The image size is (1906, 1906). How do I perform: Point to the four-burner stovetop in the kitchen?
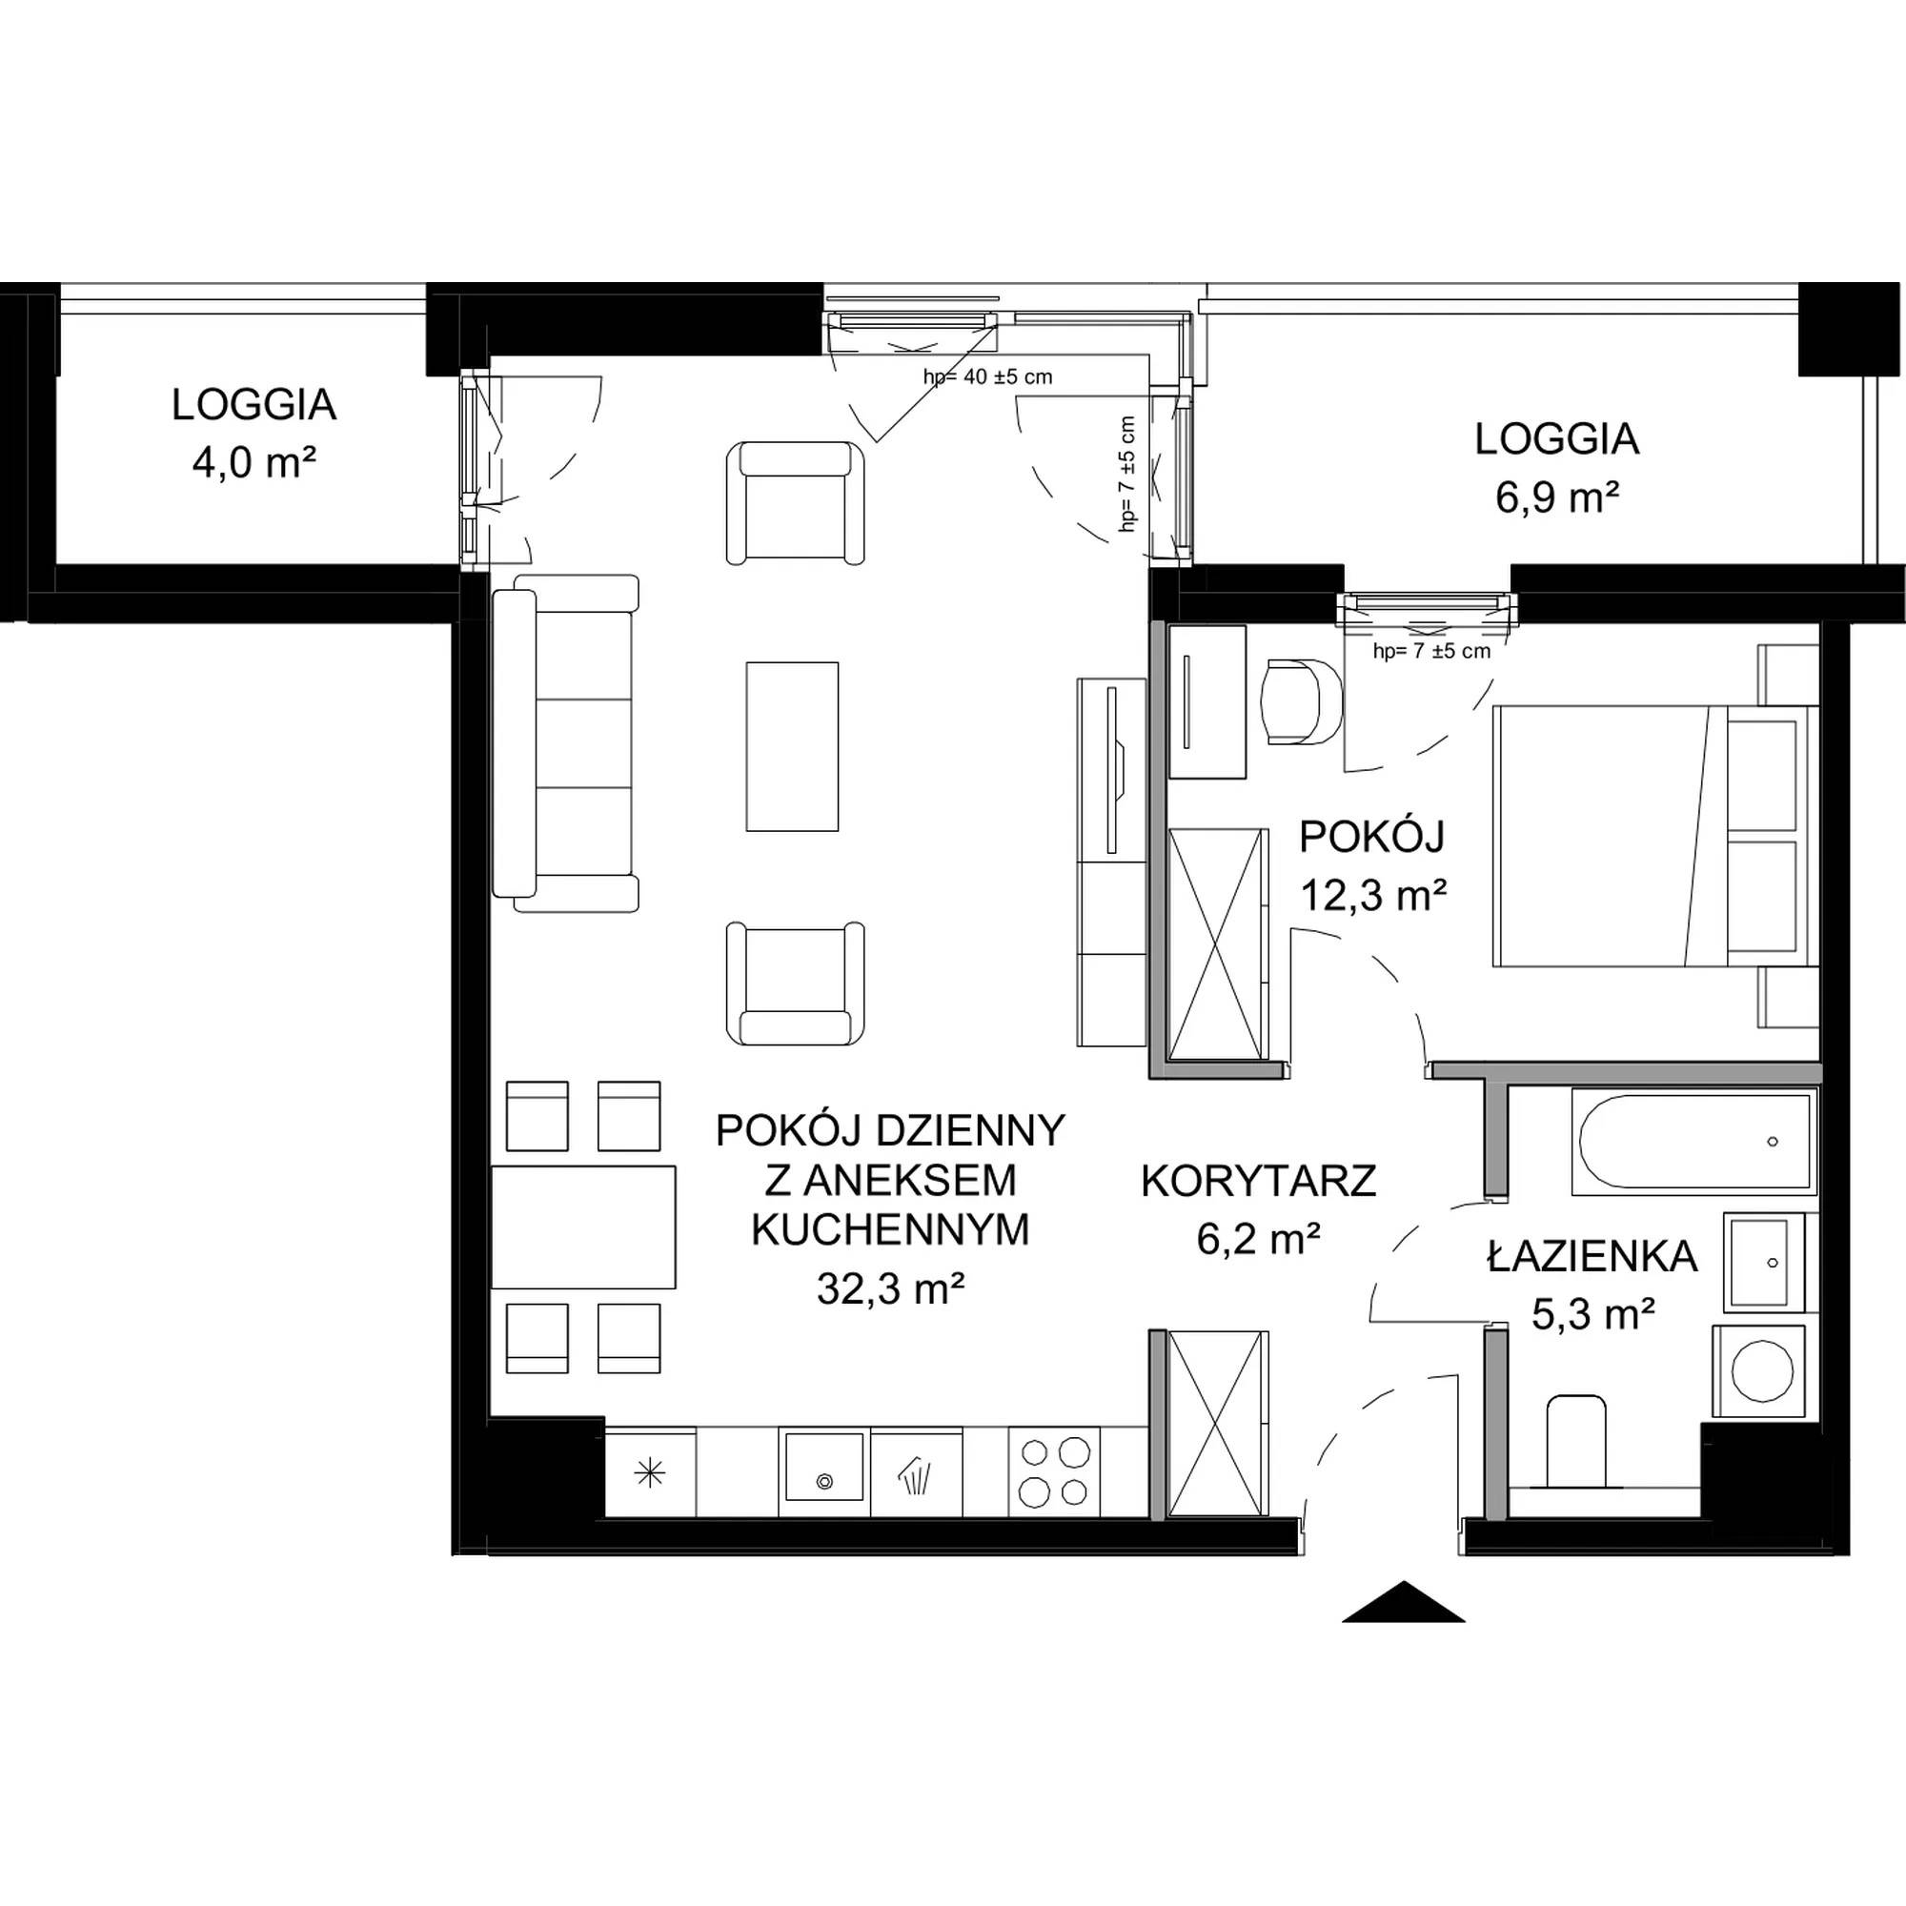[x=1054, y=1474]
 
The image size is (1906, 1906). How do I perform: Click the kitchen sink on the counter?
[x=823, y=1474]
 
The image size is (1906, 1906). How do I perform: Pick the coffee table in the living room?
[x=792, y=746]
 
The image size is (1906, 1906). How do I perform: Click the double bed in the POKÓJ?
[x=1656, y=836]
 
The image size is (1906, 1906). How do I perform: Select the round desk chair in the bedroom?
[x=1301, y=701]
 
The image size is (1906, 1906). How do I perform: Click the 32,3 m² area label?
[x=890, y=1288]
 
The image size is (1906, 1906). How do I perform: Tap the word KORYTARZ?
[x=1259, y=1182]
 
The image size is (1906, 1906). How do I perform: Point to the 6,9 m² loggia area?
[x=1557, y=497]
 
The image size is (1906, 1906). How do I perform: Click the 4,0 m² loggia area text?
[x=254, y=463]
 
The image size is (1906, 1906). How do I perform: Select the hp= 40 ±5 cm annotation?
[x=987, y=375]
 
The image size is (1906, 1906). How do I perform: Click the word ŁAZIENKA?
[x=1592, y=1257]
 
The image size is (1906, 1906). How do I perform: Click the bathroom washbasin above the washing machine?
[x=1761, y=1262]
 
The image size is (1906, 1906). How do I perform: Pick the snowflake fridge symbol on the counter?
[x=649, y=1474]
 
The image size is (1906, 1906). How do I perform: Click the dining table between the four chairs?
[x=583, y=1227]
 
